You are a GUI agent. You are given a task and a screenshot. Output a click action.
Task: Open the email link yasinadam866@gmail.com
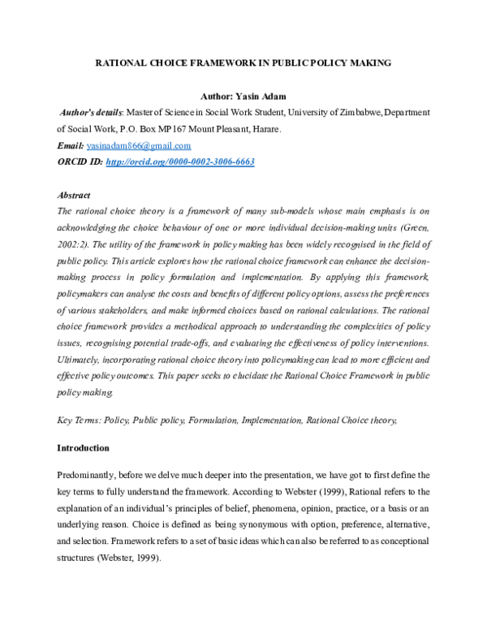click(139, 145)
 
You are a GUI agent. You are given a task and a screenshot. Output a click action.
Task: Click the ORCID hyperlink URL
click(180, 162)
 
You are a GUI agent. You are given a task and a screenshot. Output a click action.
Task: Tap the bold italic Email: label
click(71, 145)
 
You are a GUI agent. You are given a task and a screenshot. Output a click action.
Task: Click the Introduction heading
click(83, 447)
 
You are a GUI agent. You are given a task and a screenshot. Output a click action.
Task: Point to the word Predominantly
click(92, 473)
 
